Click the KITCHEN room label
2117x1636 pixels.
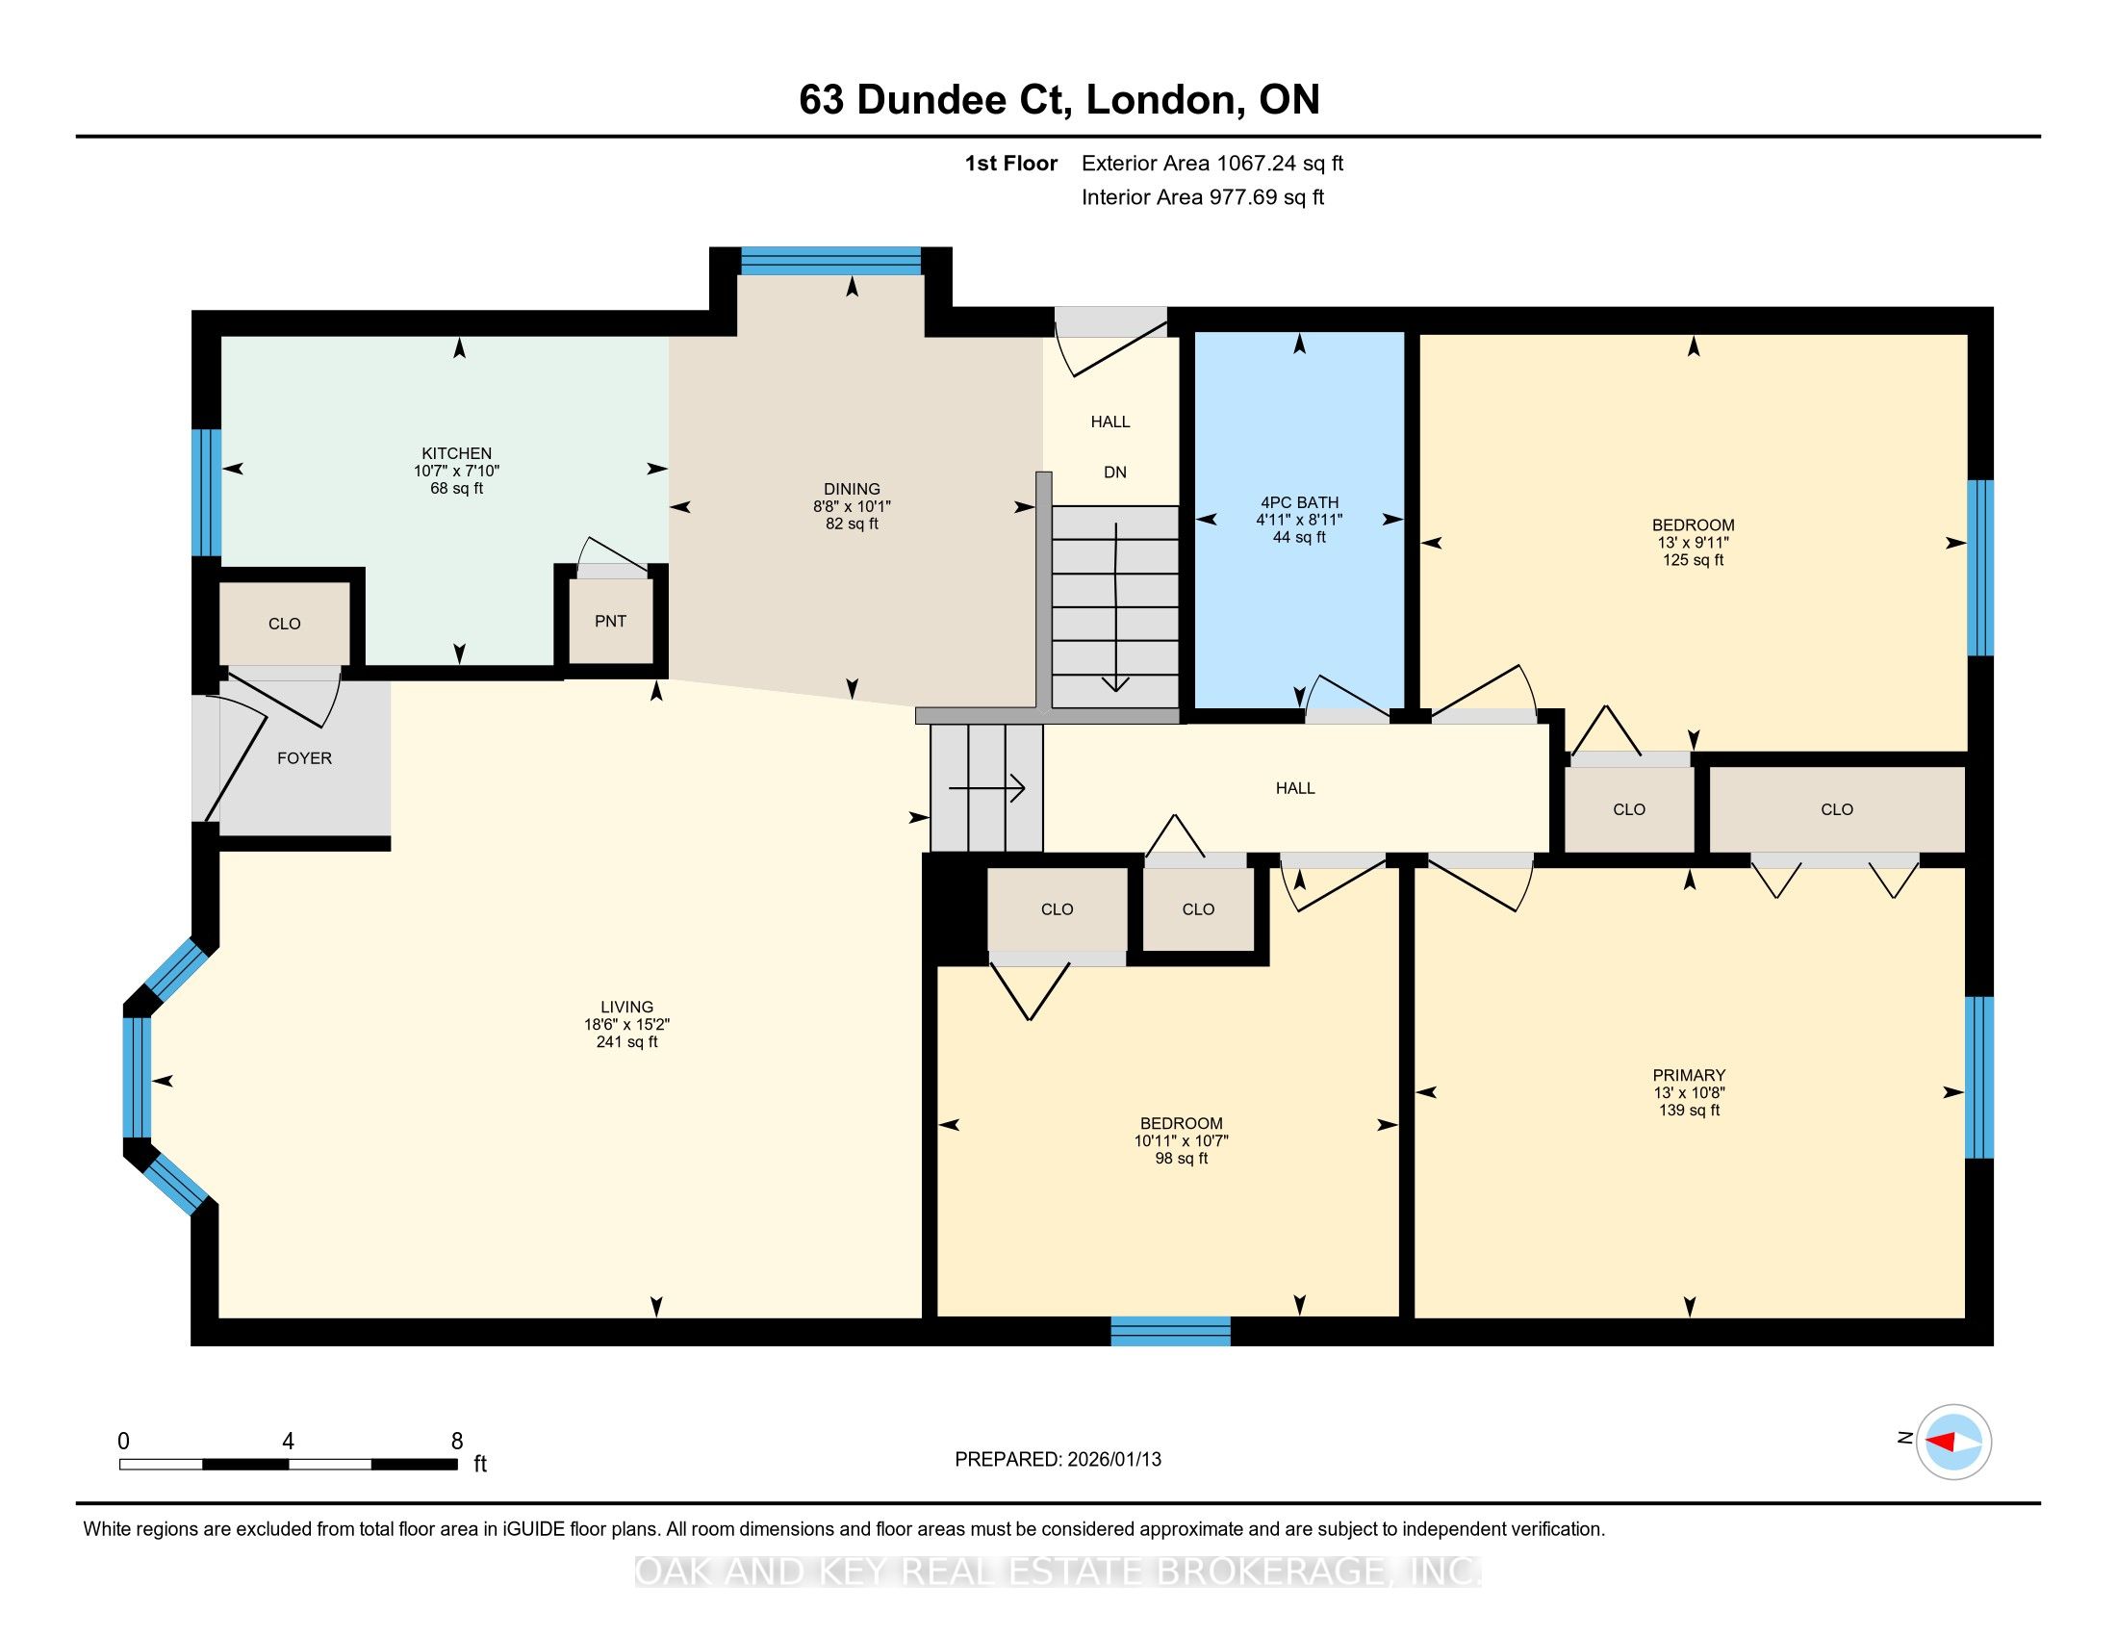[x=456, y=452]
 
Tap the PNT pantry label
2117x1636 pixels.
[x=611, y=622]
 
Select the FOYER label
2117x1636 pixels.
[x=304, y=758]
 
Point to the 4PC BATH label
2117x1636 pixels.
[x=1299, y=502]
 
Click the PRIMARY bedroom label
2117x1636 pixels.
[x=1689, y=1075]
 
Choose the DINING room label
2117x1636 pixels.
[x=852, y=489]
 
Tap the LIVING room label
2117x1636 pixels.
[x=626, y=1007]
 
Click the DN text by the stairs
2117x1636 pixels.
[x=1114, y=472]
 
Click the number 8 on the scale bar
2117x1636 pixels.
[x=457, y=1442]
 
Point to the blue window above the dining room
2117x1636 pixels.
[x=830, y=262]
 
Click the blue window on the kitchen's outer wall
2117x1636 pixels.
[x=207, y=493]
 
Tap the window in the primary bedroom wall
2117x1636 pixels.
[x=1978, y=1077]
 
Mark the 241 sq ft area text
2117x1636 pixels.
[x=626, y=1042]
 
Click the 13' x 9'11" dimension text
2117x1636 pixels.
[x=1694, y=543]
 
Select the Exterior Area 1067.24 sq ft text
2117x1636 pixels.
[x=1212, y=163]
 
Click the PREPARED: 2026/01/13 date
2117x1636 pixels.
[x=1058, y=1459]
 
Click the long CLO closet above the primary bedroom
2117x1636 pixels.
[x=1837, y=809]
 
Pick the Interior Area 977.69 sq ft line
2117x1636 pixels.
[x=1203, y=196]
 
